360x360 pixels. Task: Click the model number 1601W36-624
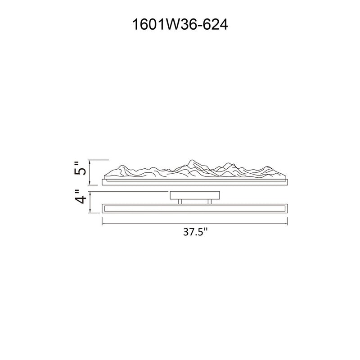click(180, 24)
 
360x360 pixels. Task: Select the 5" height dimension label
click(80, 168)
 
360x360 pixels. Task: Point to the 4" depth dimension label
click(80, 197)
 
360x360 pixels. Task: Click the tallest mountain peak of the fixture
click(191, 160)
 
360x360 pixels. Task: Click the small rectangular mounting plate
click(195, 195)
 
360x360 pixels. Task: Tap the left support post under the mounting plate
click(180, 201)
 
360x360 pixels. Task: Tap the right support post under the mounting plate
click(209, 201)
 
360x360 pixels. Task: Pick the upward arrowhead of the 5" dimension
click(90, 162)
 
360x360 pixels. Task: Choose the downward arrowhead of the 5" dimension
click(90, 183)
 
